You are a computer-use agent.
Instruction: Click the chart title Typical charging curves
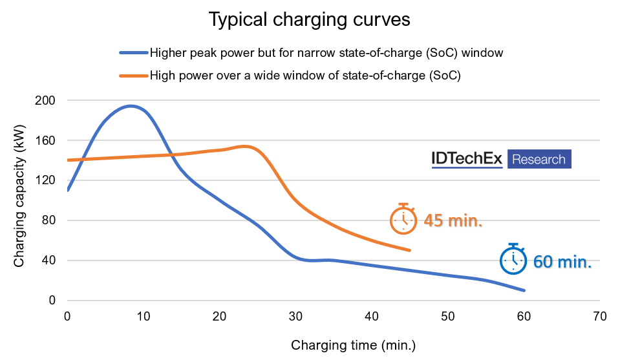(x=309, y=19)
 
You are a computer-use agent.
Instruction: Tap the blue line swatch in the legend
(x=133, y=53)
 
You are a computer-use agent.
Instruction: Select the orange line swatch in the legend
(x=133, y=75)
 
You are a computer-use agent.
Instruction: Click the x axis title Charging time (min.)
(x=353, y=344)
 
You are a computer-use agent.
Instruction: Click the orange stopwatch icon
(x=403, y=219)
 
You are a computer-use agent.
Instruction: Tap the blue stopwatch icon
(x=513, y=259)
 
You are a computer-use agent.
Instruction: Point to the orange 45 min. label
(x=453, y=221)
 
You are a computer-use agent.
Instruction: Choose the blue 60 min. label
(x=562, y=262)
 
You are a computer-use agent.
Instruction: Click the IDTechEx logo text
(x=467, y=159)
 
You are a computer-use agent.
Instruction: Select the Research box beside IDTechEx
(x=539, y=159)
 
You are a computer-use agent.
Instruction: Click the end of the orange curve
(x=410, y=250)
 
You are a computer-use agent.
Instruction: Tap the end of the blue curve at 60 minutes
(x=524, y=290)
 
